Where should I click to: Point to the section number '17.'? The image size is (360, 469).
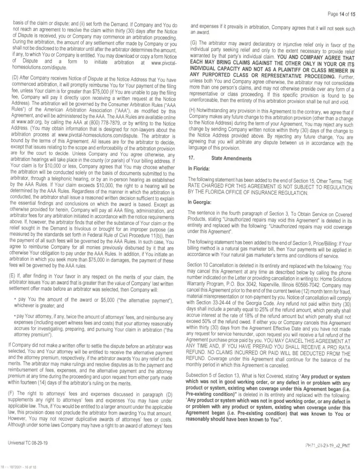[x=192, y=159]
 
